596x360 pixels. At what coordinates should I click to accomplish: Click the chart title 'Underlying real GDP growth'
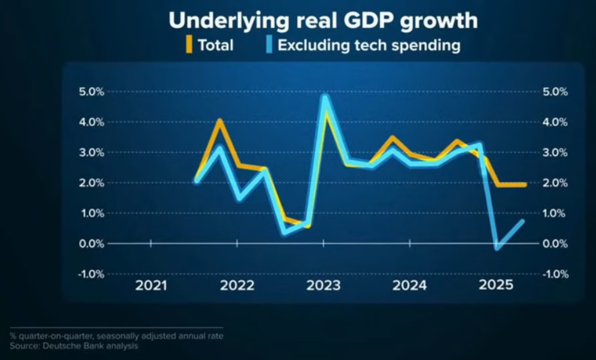coord(323,20)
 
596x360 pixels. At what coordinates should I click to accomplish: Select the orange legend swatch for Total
coord(189,46)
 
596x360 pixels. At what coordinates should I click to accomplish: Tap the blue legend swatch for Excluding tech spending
coord(268,46)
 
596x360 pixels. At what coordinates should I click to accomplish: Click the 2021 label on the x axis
coord(151,286)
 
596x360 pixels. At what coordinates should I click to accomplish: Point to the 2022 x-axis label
coord(237,286)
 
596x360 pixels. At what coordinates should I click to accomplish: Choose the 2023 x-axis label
coord(324,286)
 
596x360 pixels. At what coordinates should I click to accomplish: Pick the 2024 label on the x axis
coord(410,286)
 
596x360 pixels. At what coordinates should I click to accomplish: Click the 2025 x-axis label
coord(496,286)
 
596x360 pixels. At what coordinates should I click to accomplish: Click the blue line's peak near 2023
coord(324,97)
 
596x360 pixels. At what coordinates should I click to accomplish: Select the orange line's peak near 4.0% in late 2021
coord(219,121)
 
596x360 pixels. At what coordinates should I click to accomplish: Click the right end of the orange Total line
coord(524,185)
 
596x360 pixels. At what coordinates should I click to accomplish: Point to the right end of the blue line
coord(522,221)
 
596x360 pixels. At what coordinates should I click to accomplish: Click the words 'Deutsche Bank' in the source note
coord(72,346)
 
